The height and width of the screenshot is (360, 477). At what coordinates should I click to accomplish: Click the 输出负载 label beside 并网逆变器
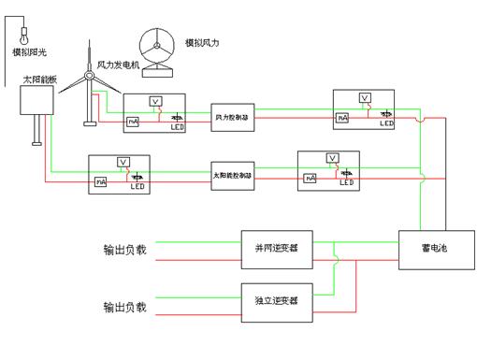point(125,251)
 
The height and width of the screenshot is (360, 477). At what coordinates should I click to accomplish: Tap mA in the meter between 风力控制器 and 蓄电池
point(342,118)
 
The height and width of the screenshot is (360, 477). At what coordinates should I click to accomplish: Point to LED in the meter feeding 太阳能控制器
point(138,187)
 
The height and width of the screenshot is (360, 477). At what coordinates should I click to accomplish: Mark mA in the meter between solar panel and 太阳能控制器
point(100,180)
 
